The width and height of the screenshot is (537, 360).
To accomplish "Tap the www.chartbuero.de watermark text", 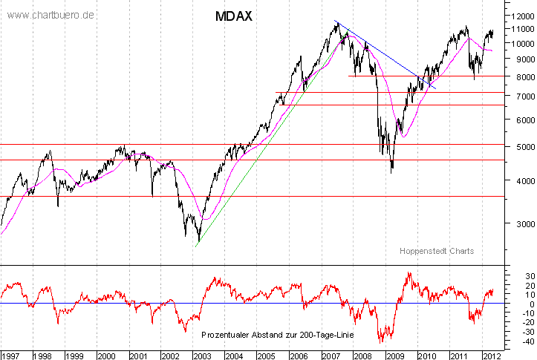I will coord(51,16).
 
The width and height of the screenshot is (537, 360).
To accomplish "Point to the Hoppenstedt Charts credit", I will coord(436,251).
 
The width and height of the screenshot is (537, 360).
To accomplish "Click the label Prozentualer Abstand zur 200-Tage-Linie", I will coord(277,336).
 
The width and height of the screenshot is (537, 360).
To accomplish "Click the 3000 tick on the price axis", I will coord(517,223).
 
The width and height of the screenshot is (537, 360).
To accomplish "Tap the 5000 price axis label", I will coord(517,147).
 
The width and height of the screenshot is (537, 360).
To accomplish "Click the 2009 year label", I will coord(394,356).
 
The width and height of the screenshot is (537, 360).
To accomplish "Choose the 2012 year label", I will coord(491,356).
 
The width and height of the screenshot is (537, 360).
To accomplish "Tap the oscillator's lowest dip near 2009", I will coord(382,341).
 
